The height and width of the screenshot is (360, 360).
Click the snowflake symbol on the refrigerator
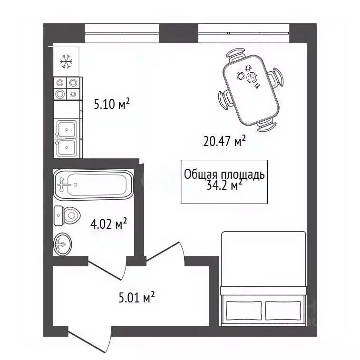(66, 61)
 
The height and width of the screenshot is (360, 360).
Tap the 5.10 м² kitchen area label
(112, 104)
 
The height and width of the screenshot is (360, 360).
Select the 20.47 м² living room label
(224, 140)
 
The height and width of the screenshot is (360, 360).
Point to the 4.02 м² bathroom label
(108, 224)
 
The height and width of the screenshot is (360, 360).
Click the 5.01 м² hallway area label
(136, 297)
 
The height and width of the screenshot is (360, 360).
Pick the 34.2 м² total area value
(224, 185)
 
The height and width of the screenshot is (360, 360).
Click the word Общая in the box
(200, 175)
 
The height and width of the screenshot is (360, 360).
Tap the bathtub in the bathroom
(94, 185)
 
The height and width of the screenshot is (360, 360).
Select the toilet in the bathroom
(67, 215)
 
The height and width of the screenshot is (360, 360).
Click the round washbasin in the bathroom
(63, 244)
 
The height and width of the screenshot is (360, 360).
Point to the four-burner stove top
(67, 88)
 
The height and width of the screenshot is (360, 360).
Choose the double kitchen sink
(66, 138)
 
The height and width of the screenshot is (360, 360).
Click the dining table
(251, 90)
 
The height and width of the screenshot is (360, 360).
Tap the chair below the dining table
(267, 126)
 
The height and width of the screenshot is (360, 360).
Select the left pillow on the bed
(243, 311)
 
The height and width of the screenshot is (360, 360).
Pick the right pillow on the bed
(283, 311)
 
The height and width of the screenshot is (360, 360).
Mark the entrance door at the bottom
(89, 341)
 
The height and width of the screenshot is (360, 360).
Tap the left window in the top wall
(122, 33)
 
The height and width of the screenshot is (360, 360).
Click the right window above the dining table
(243, 33)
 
